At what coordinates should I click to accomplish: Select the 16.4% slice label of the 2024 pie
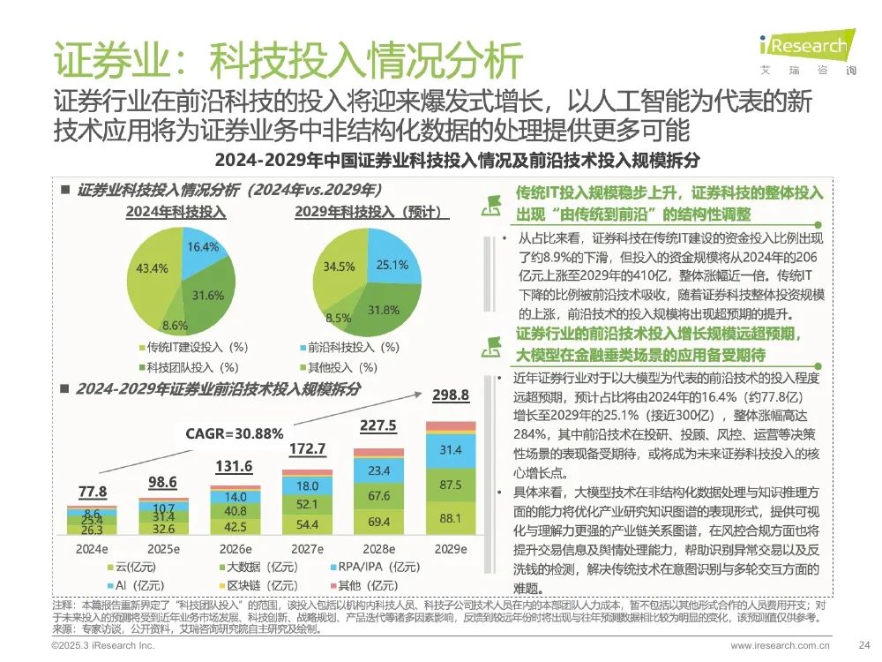pos(204,246)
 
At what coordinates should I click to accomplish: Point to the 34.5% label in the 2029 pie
pos(340,266)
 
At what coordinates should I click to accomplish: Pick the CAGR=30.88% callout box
pos(234,433)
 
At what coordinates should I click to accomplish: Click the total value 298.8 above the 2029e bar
pos(451,395)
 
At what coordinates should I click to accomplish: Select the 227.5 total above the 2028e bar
pos(378,425)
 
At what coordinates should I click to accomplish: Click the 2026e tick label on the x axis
pos(233,547)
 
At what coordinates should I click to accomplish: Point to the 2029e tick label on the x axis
pos(450,547)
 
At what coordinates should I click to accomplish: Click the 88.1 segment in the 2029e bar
pos(451,518)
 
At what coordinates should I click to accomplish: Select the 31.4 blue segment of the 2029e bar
pos(451,451)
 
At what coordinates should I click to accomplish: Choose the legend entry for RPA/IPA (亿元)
pos(376,567)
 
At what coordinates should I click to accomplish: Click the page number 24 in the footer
pos(864,646)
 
